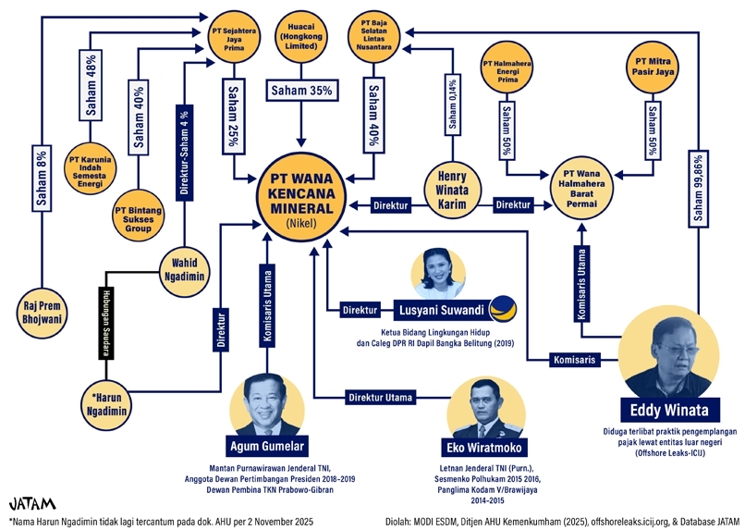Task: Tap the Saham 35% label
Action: [x=299, y=91]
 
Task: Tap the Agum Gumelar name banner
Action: [x=267, y=443]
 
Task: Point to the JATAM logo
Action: [x=32, y=504]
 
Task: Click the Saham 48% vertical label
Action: [x=92, y=93]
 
